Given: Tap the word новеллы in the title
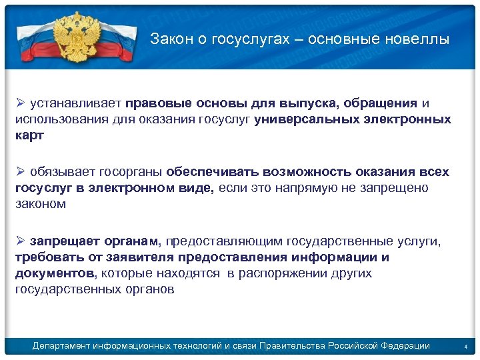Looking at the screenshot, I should [420, 39].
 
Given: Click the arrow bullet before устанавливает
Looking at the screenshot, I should [20, 103].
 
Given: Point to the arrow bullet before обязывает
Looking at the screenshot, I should [20, 172].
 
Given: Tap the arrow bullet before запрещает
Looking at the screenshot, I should [20, 241].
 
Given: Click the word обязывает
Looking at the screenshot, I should [62, 172].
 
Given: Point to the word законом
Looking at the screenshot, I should [41, 205].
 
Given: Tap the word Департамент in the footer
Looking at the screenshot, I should [62, 345].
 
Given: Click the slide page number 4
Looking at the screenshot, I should [466, 347].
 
